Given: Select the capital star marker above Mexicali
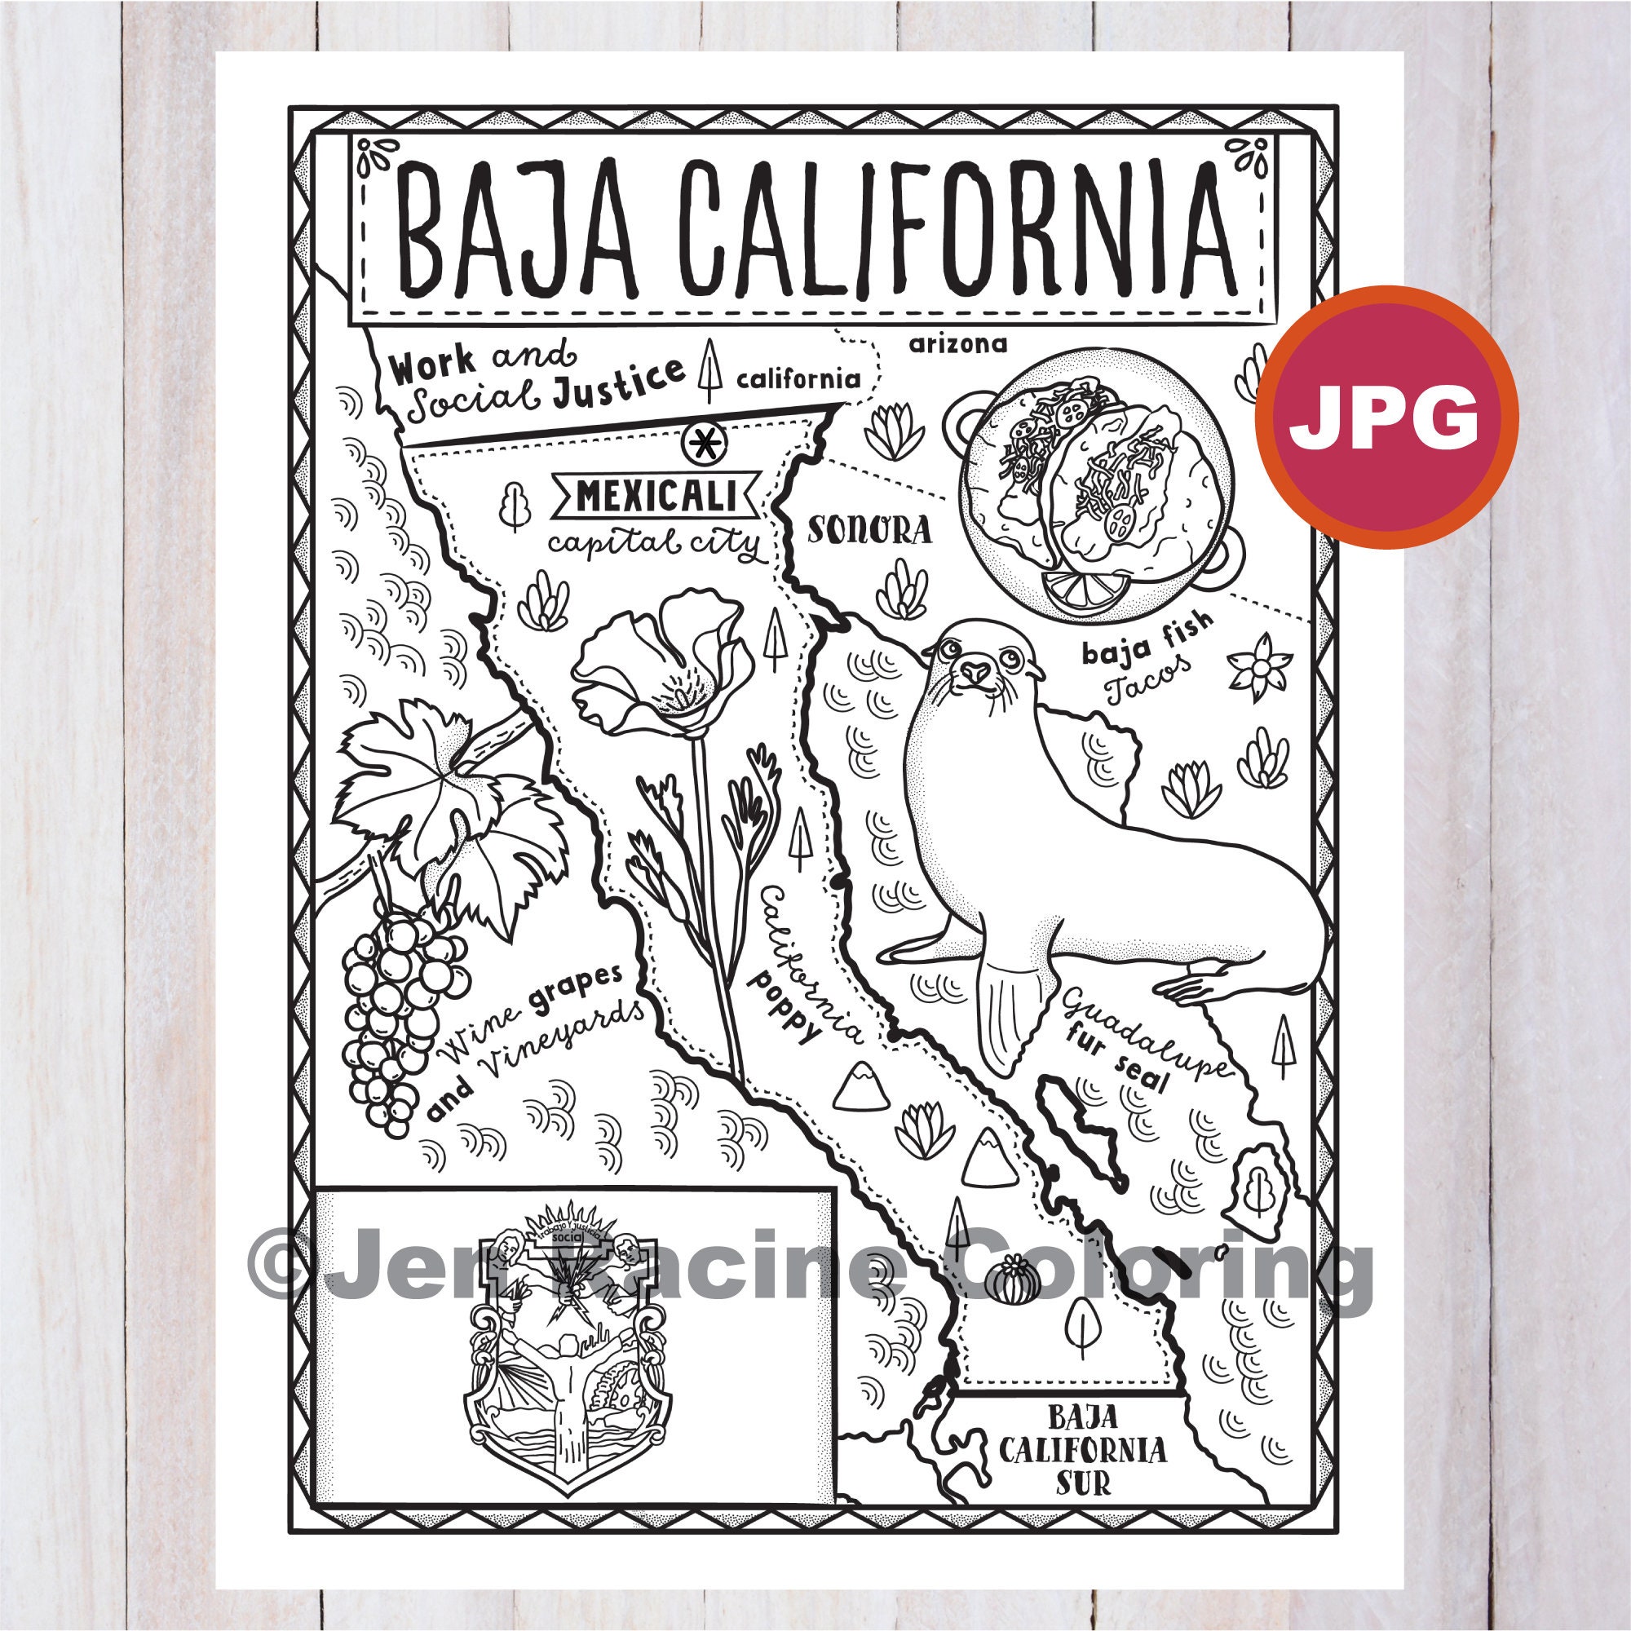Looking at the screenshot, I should (x=701, y=440).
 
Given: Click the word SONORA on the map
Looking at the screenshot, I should (x=869, y=530).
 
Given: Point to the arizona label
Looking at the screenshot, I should (x=957, y=343).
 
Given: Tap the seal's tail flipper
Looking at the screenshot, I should (x=1009, y=1009).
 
